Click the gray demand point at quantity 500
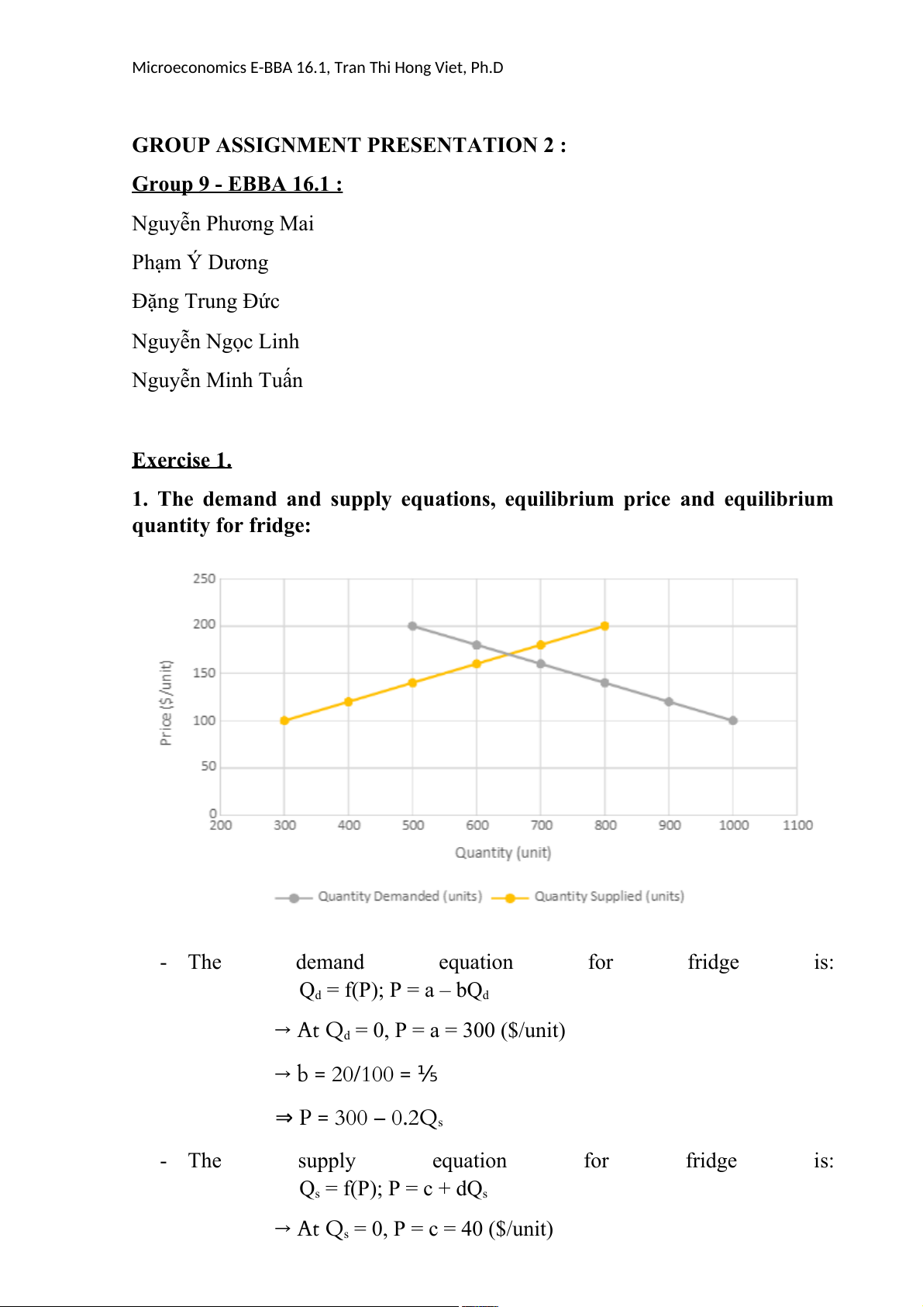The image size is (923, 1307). [412, 626]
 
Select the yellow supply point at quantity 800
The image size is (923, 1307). [604, 626]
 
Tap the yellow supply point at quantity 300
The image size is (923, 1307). [284, 721]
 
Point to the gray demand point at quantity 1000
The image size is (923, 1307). [733, 721]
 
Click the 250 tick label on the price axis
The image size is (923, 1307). [204, 579]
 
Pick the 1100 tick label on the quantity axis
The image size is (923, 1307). [797, 825]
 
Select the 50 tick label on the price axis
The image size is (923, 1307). [208, 766]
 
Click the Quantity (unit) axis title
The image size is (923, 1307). [503, 852]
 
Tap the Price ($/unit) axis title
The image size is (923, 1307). [166, 703]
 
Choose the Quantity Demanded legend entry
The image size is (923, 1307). [399, 897]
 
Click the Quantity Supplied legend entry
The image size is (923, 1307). [608, 897]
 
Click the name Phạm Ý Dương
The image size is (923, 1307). [200, 263]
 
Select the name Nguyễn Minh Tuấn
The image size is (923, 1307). [217, 381]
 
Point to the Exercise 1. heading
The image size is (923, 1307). [182, 461]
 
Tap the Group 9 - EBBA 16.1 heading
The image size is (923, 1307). [237, 185]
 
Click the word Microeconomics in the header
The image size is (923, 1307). [189, 67]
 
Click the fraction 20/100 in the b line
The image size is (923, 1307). [363, 1074]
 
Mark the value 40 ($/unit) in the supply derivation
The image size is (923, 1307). [507, 1229]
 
